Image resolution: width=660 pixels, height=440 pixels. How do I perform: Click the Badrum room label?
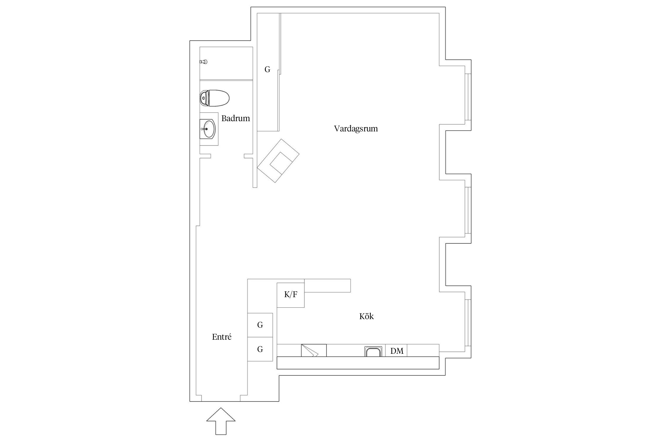(236, 119)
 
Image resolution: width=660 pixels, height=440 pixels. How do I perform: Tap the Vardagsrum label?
(356, 129)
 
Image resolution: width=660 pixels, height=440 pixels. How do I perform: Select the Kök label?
(366, 316)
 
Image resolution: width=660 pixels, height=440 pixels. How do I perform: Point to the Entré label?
(222, 337)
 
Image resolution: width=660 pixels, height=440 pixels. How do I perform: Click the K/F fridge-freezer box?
(291, 295)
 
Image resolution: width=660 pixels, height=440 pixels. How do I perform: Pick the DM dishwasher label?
(397, 351)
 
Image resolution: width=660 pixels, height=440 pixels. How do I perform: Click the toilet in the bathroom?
(214, 98)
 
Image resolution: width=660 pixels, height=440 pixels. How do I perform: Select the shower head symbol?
(204, 62)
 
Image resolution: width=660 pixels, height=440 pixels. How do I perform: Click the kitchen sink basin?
(373, 351)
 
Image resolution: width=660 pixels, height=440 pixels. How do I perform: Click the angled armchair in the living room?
(278, 161)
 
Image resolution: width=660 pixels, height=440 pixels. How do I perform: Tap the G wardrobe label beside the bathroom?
(267, 70)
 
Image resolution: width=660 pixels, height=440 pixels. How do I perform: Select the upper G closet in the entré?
(260, 325)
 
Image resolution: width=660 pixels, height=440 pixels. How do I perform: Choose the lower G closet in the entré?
(260, 349)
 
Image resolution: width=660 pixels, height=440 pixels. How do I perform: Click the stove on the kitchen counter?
(314, 350)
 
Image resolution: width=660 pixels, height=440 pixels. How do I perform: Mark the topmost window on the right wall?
(468, 97)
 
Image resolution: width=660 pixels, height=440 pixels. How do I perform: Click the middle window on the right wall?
(468, 210)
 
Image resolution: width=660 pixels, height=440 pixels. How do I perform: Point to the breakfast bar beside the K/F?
(327, 286)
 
